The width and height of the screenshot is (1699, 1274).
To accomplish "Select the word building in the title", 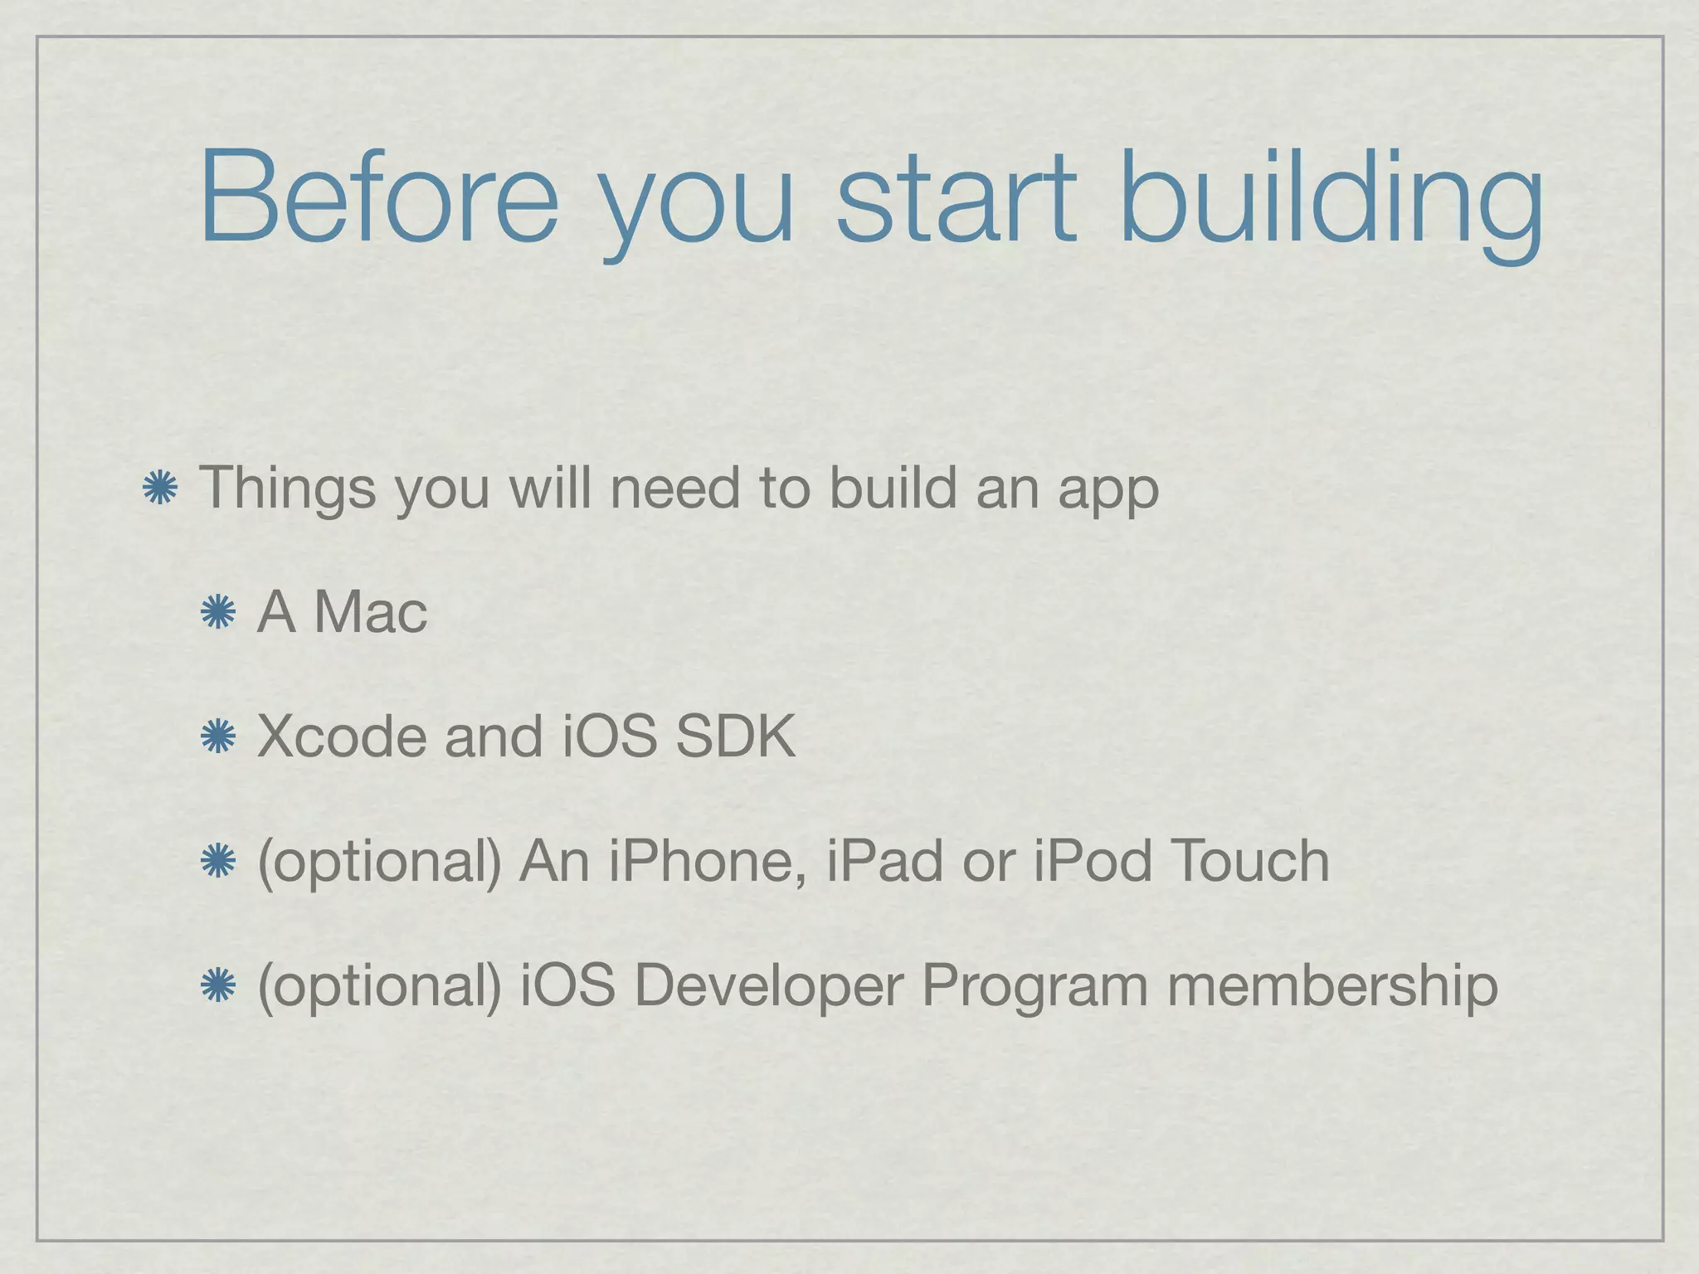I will click(1331, 203).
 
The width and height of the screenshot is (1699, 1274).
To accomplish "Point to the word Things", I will click(287, 489).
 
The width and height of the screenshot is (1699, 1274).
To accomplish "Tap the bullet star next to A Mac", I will click(218, 612).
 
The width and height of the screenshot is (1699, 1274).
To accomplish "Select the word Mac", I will click(371, 612).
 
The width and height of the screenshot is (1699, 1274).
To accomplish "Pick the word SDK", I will click(735, 736).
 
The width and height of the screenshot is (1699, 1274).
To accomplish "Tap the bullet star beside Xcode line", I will click(218, 736).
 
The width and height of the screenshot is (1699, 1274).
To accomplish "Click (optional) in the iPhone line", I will click(380, 862).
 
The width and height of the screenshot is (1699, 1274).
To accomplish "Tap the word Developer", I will click(768, 986).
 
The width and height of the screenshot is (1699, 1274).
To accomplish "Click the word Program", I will click(1034, 986).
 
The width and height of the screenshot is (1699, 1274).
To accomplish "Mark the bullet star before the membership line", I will click(218, 985).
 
